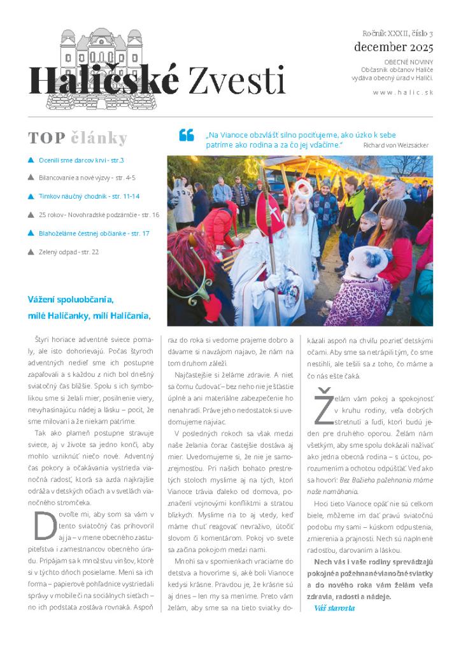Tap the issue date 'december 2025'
click(x=393, y=47)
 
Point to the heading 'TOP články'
click(x=78, y=138)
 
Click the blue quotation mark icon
click(x=186, y=135)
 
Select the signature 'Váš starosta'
click(x=334, y=608)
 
